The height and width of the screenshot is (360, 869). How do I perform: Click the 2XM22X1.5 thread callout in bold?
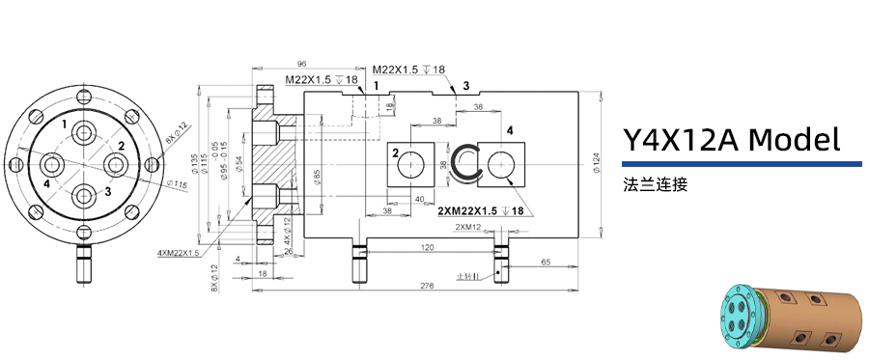pos(480,210)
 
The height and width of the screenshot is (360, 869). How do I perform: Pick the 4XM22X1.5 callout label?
pos(179,253)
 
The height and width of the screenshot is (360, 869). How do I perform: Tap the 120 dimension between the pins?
pos(427,248)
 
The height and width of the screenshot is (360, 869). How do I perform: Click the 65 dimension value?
pos(546,262)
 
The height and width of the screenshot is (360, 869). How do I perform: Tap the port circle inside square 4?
pos(500,165)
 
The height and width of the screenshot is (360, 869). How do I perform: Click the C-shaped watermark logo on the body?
pos(467,161)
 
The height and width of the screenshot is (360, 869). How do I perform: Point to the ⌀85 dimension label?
pos(318,178)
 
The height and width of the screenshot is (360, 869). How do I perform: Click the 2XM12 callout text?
pos(469,227)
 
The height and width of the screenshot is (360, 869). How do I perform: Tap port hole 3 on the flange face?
pos(84,195)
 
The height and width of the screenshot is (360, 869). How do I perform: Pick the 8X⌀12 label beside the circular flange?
pos(177,135)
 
